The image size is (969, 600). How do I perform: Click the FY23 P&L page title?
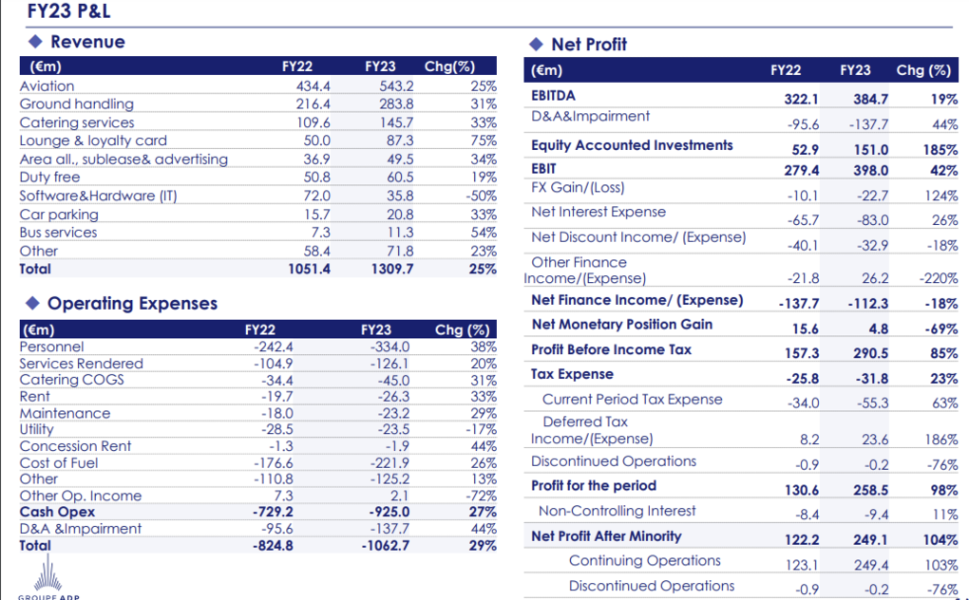68,10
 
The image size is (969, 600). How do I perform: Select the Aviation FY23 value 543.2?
396,85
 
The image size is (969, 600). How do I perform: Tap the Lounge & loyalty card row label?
93,141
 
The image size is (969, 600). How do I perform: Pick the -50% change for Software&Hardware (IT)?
481,196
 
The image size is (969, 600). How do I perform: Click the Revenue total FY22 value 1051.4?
309,269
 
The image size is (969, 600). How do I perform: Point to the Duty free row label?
50,178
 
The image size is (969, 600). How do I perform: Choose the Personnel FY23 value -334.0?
389,347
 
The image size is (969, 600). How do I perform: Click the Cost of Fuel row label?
59,463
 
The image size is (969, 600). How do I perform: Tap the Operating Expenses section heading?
132,304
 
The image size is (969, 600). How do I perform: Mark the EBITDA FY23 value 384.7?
871,99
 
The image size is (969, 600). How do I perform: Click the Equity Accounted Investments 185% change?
940,150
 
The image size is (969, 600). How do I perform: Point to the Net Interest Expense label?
598,212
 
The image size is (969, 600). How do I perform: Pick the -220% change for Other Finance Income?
938,278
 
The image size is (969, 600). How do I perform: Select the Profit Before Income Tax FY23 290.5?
871,353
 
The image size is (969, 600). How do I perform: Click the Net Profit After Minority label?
606,536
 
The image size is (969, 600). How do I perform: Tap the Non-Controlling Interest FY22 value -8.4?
807,515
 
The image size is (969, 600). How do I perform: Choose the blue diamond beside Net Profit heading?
536,45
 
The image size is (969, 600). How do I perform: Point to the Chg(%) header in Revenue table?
450,66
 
